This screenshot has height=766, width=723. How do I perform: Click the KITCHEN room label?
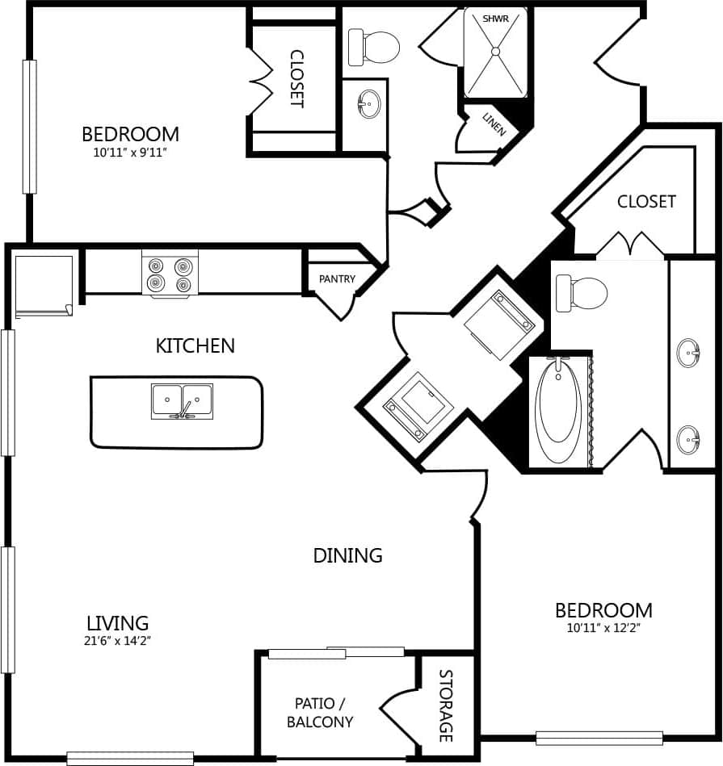(x=195, y=345)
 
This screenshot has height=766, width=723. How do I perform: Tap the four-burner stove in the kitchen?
(x=170, y=274)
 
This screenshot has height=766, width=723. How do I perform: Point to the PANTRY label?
(x=337, y=279)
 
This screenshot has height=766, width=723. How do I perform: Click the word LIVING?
(x=118, y=623)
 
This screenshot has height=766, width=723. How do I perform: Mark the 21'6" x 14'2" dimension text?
(x=118, y=641)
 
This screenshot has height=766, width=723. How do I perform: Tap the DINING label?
(x=347, y=555)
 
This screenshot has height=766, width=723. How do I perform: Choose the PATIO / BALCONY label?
(x=320, y=711)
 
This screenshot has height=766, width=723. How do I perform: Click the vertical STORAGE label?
(x=446, y=705)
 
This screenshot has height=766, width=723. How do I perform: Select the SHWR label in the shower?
(x=494, y=18)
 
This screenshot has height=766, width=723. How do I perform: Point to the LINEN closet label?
(x=494, y=123)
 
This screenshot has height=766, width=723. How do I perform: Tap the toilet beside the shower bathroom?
(x=374, y=47)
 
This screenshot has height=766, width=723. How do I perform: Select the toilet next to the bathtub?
(x=582, y=293)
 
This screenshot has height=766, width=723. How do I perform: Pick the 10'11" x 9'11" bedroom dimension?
(x=130, y=151)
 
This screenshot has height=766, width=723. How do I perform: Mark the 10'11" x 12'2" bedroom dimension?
(x=603, y=627)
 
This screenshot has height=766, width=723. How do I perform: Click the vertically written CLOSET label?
(x=296, y=79)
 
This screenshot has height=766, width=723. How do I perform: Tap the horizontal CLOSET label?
(x=646, y=202)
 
